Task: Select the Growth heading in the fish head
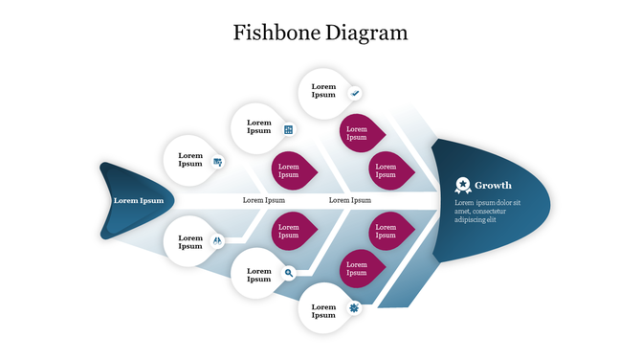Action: click(493, 185)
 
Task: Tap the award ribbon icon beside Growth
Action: click(463, 184)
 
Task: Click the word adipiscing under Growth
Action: click(470, 219)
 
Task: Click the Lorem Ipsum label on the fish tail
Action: click(139, 200)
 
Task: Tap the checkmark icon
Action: click(355, 93)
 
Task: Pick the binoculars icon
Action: click(218, 240)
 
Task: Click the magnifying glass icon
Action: click(289, 273)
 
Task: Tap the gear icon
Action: click(354, 307)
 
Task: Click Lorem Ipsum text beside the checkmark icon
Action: click(323, 91)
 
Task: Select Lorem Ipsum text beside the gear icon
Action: click(323, 310)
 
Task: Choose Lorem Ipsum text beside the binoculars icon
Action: click(190, 242)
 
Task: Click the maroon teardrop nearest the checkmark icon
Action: click(360, 133)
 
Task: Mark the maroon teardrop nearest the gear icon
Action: click(360, 268)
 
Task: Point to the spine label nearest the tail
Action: click(264, 200)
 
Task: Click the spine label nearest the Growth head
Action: click(350, 200)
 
